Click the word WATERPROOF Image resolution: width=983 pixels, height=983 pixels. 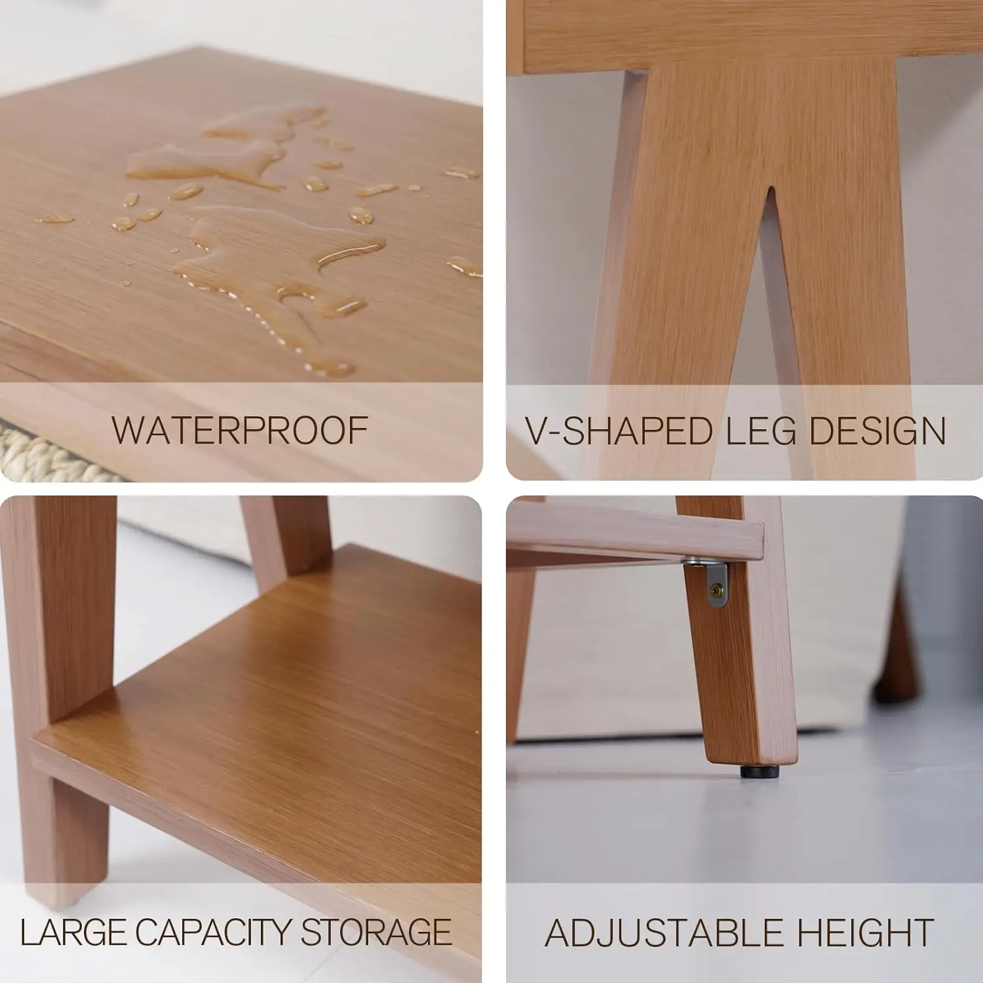(240, 431)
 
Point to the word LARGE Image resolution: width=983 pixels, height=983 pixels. (71, 932)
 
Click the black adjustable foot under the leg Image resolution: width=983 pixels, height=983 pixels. (760, 771)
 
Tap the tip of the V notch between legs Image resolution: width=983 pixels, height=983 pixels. (771, 189)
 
